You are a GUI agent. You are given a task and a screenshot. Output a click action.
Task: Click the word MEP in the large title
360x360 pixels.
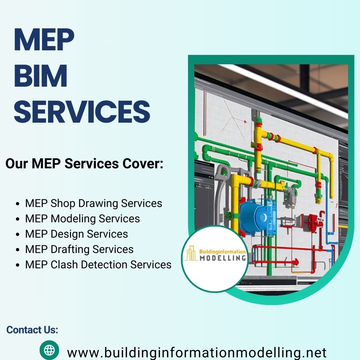click(44, 39)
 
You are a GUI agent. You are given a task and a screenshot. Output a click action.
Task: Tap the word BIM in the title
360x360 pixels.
click(41, 76)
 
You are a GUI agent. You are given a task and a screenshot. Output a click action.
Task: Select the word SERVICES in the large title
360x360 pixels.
click(82, 112)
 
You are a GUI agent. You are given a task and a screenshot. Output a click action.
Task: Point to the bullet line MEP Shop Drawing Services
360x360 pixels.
click(94, 203)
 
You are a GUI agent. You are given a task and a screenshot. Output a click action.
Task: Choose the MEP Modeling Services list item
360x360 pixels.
click(82, 219)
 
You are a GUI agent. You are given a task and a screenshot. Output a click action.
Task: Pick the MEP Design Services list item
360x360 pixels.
click(76, 234)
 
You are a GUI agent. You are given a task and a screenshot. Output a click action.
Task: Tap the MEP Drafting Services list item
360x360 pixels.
click(79, 249)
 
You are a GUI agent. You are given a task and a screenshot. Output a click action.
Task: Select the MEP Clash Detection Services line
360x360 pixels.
click(98, 264)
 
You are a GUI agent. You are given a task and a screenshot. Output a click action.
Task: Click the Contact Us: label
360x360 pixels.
click(32, 330)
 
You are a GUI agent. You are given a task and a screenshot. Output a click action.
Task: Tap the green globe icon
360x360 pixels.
click(49, 350)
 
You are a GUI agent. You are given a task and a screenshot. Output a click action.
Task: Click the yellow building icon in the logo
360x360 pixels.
click(191, 253)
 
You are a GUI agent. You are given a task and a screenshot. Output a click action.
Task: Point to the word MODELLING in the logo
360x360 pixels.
click(223, 258)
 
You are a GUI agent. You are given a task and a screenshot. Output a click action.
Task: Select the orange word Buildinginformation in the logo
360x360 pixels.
click(222, 251)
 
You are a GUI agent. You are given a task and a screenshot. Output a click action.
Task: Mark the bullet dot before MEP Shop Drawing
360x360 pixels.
click(18, 204)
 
